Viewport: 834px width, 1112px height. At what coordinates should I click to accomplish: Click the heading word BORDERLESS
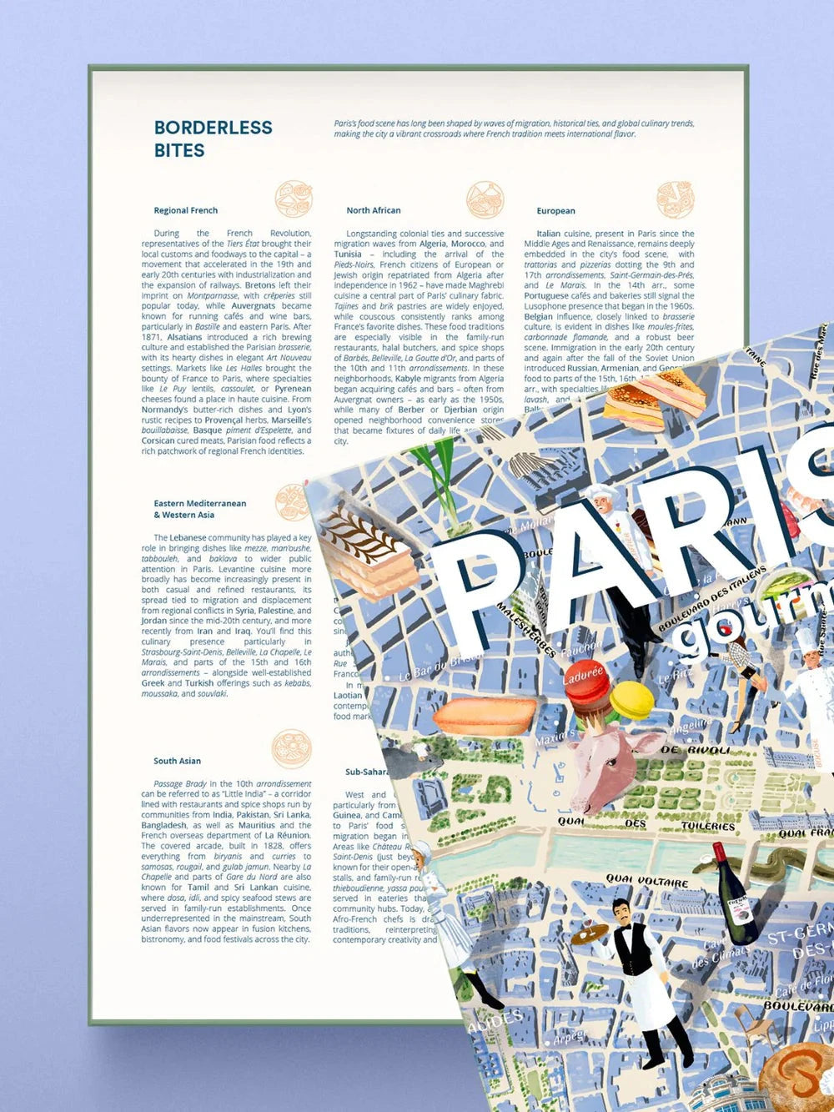click(x=213, y=128)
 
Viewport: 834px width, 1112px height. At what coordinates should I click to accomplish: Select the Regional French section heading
click(x=185, y=210)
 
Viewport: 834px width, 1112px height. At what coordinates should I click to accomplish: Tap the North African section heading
click(x=373, y=210)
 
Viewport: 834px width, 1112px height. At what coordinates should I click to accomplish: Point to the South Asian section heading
click(x=177, y=761)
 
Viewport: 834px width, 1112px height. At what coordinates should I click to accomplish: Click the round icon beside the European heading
click(x=675, y=200)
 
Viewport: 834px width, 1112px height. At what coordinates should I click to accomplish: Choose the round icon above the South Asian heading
click(x=291, y=748)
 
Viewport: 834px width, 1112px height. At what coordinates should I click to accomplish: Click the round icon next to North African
click(x=485, y=200)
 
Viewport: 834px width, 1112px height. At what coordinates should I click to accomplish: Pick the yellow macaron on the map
click(x=632, y=700)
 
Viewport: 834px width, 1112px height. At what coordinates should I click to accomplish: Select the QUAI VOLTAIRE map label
click(x=647, y=881)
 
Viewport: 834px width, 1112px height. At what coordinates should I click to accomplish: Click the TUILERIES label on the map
click(x=707, y=825)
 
